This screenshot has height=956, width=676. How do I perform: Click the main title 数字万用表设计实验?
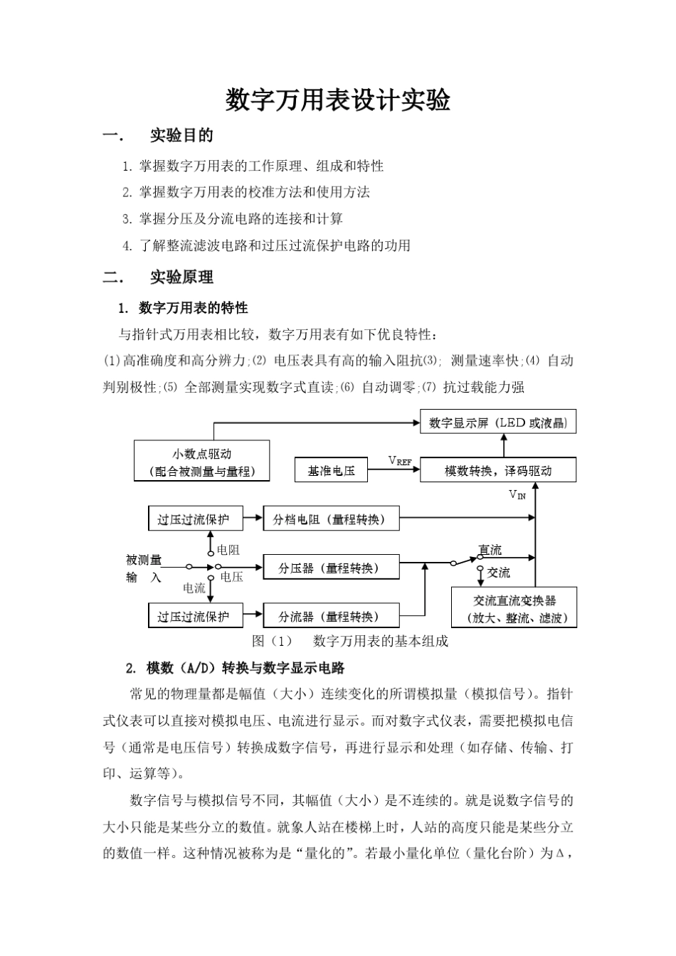(338, 100)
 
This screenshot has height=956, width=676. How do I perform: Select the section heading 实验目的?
(181, 135)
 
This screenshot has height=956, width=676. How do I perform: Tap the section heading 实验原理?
(181, 277)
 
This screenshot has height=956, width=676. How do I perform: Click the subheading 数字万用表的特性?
(193, 308)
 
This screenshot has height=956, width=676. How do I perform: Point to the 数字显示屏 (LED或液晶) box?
(498, 423)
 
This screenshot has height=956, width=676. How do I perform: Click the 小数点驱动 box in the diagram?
(202, 461)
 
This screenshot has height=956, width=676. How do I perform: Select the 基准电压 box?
(331, 470)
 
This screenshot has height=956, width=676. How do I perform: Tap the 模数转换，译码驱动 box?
(498, 470)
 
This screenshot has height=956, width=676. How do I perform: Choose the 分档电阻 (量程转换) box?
(331, 519)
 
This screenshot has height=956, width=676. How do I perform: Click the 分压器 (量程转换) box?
(331, 568)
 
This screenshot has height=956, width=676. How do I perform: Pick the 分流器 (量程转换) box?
(331, 616)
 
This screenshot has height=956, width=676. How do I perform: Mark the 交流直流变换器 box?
(514, 608)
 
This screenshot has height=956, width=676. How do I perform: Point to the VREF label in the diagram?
(400, 460)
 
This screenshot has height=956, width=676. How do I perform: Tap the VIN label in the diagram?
(517, 494)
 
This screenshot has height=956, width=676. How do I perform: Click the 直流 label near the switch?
(490, 550)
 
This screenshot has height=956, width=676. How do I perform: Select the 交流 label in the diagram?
(498, 572)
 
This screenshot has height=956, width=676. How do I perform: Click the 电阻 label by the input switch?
(228, 550)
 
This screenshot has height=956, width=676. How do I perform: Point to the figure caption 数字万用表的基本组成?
(381, 641)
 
